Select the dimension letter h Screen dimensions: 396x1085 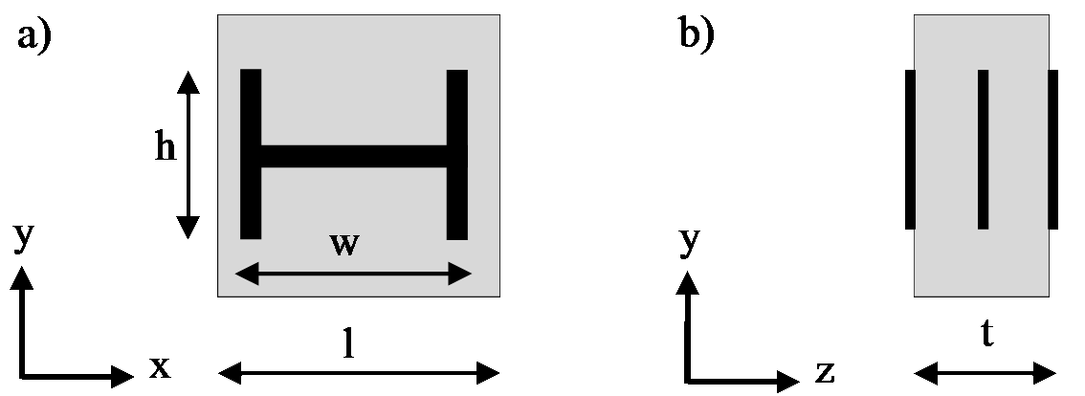coord(166,148)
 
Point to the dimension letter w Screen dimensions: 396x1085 coord(344,244)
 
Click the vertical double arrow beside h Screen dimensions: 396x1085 coord(189,154)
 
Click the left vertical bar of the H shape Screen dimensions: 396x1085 coord(251,154)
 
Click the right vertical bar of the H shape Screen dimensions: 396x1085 coord(457,154)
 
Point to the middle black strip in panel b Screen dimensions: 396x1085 coord(983,149)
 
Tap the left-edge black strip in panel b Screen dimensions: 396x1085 coord(910,149)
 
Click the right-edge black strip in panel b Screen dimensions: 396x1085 coord(1052,149)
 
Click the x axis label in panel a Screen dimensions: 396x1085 coord(159,366)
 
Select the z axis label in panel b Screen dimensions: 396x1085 coord(826,368)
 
